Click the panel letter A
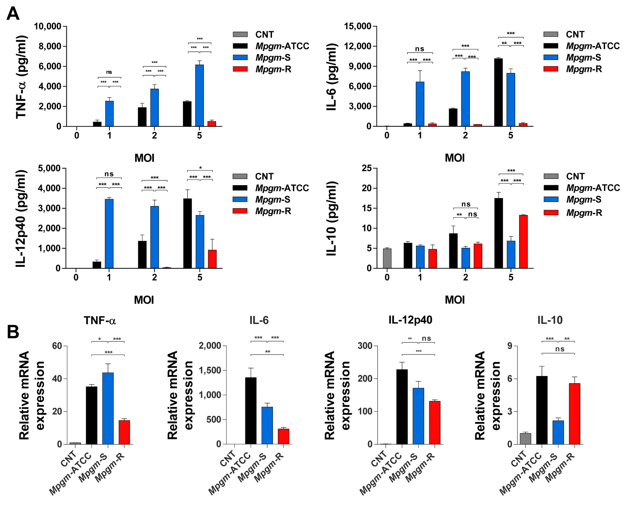click(13, 14)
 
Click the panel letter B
click(13, 332)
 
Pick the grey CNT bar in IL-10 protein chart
click(387, 258)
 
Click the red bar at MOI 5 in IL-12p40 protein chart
click(212, 259)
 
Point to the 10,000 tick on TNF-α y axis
click(48, 26)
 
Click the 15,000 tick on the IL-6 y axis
click(358, 26)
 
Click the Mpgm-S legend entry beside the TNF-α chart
click(272, 58)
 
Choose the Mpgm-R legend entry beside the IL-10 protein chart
click(584, 213)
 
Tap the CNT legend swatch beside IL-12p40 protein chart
click(240, 176)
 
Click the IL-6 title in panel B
click(259, 320)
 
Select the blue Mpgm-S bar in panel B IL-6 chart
click(267, 426)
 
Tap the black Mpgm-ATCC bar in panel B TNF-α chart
click(92, 415)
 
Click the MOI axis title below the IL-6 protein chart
click(455, 158)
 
